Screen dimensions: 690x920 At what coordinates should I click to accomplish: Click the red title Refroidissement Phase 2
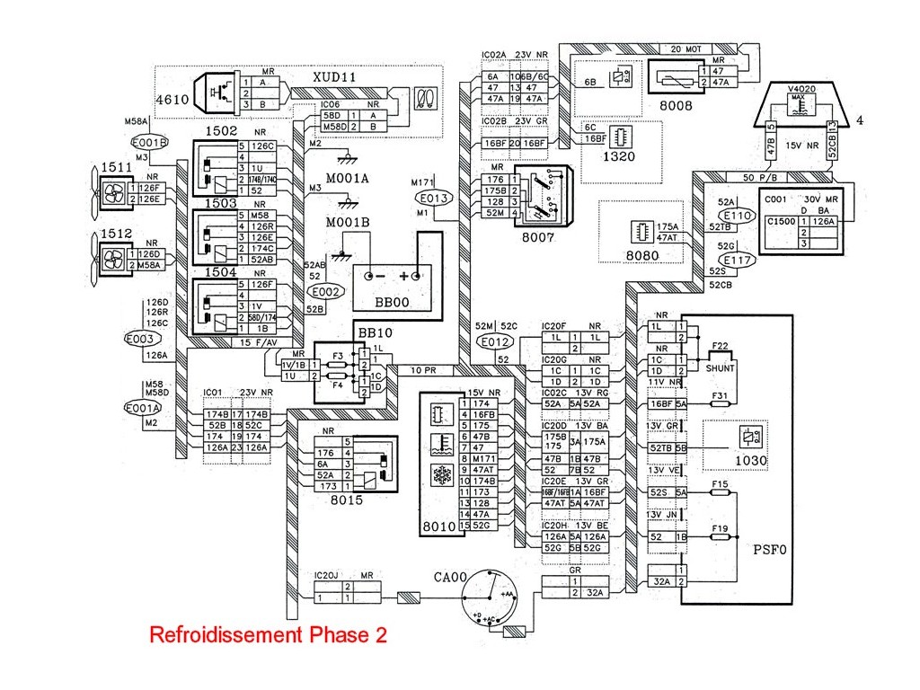[268, 635]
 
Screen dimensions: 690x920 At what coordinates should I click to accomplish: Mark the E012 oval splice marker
[494, 341]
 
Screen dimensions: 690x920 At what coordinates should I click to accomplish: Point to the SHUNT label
[720, 368]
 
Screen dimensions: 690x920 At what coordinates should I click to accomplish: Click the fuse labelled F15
[720, 492]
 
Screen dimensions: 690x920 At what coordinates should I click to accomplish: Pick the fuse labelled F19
[720, 537]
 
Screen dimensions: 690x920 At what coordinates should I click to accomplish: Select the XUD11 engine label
[333, 77]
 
